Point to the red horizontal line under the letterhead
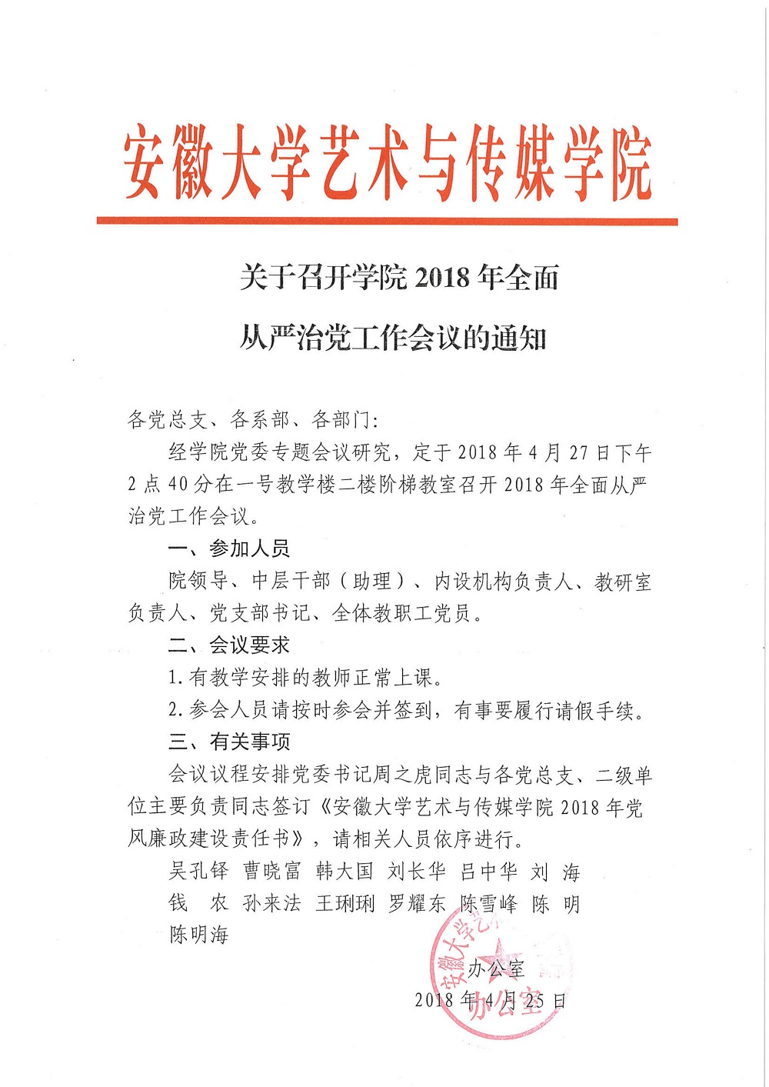click(387, 222)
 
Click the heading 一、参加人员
click(229, 549)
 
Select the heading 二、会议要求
click(229, 645)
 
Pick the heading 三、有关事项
click(229, 742)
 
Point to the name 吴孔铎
click(199, 871)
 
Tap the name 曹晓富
click(271, 871)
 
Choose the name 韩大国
click(344, 871)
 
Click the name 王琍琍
click(345, 903)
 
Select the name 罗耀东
click(417, 903)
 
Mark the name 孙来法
click(271, 903)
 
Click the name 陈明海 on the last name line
click(199, 935)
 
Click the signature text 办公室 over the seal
click(496, 969)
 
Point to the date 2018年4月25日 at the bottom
click(490, 1000)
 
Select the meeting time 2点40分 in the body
click(168, 485)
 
